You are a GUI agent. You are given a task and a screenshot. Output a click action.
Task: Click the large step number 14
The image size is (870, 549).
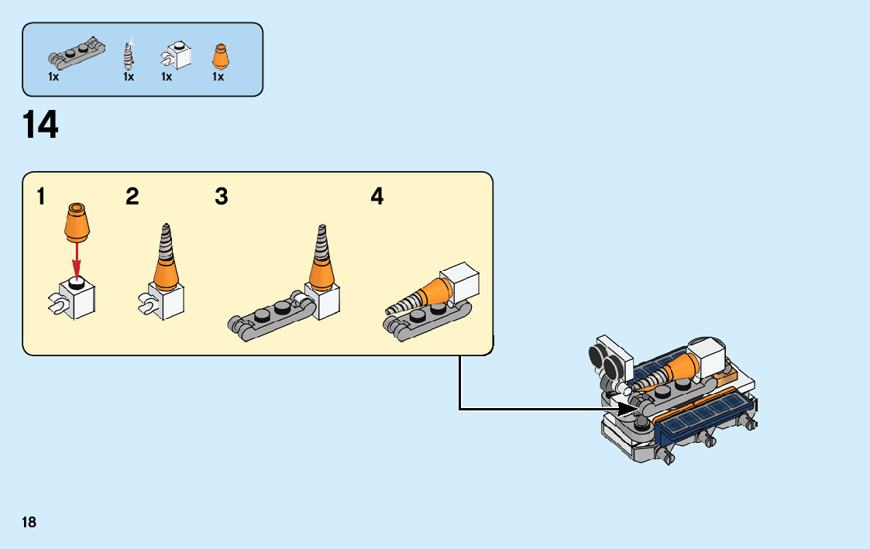[x=41, y=125]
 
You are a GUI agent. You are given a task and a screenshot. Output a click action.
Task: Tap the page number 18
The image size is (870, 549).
[x=29, y=522]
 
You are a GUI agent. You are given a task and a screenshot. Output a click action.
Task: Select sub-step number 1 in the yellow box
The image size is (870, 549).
[x=40, y=197]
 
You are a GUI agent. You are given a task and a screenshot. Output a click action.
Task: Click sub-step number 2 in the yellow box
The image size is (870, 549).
[x=132, y=197]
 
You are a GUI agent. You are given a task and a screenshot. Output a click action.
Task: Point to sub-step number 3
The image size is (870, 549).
[x=222, y=197]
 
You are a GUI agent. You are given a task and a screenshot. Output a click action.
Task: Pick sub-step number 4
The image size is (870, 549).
[x=377, y=197]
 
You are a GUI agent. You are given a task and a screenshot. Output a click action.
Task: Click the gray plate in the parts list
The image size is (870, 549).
[x=76, y=52]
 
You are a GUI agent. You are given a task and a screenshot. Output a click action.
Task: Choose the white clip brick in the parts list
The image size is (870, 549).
[x=177, y=57]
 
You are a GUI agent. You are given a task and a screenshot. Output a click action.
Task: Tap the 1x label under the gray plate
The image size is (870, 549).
[x=53, y=77]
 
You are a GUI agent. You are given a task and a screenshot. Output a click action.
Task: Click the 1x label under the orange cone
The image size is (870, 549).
[x=218, y=77]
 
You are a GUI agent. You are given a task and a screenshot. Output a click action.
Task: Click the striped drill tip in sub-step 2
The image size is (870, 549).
[x=165, y=243]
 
